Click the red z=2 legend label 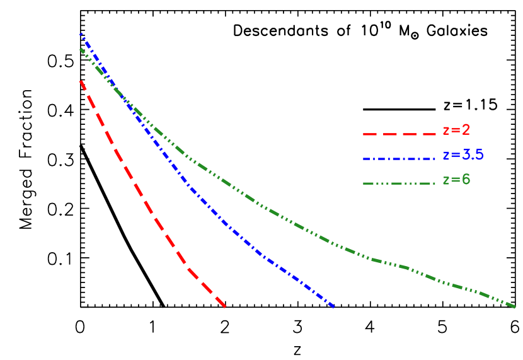coord(456,131)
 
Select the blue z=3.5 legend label coord(463,155)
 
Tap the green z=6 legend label coord(456,180)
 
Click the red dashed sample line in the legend coord(399,134)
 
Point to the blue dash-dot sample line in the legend coord(399,158)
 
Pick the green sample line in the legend coord(399,183)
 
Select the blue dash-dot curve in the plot coord(221,218)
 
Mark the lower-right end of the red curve coord(225,307)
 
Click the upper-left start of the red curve coord(80,81)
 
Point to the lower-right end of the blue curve coord(333,307)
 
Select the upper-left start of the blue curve coord(81,33)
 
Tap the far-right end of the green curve coord(515,307)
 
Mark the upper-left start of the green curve coord(80,49)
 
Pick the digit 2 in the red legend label coord(466,131)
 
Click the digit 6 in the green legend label coord(466,180)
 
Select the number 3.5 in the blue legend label coord(473,155)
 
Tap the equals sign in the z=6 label coord(456,180)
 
